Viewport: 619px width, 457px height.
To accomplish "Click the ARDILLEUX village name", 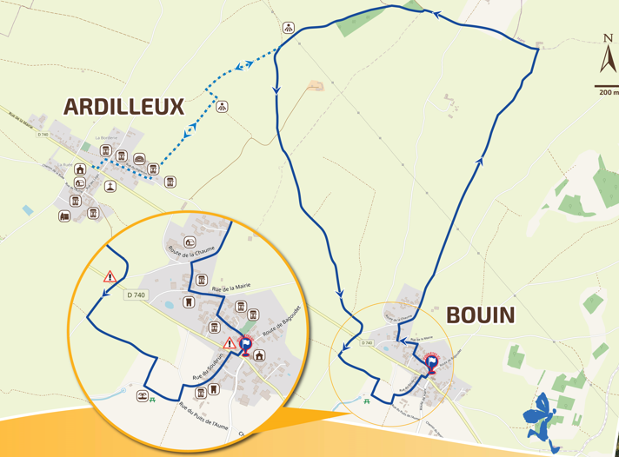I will pos(123,107).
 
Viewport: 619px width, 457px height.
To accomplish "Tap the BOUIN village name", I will pos(481,315).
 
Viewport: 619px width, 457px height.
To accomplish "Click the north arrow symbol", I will pos(607,54).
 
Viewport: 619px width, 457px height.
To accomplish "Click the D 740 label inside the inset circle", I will pos(136,295).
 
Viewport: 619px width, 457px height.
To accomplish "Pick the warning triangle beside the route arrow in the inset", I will pos(110,277).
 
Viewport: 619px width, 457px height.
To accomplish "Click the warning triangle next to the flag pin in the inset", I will pos(229,344).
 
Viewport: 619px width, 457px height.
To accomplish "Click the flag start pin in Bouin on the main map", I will pos(431,363).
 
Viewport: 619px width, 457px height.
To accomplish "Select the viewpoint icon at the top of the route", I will pos(289,28).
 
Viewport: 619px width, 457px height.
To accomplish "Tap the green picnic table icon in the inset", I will pos(153,400).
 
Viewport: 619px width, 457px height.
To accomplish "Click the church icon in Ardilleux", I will pos(81,169).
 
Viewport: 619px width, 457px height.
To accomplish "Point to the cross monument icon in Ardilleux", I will pos(110,186).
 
